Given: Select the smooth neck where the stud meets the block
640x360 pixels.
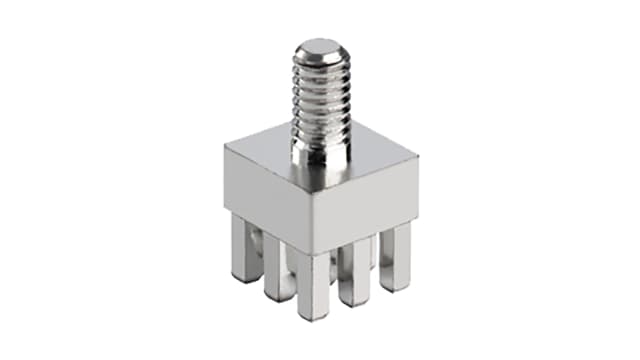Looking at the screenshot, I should pyautogui.click(x=319, y=150).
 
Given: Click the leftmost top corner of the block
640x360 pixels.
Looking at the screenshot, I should pyautogui.click(x=225, y=147).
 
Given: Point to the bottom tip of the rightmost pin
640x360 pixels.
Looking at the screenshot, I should pyautogui.click(x=396, y=289).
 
